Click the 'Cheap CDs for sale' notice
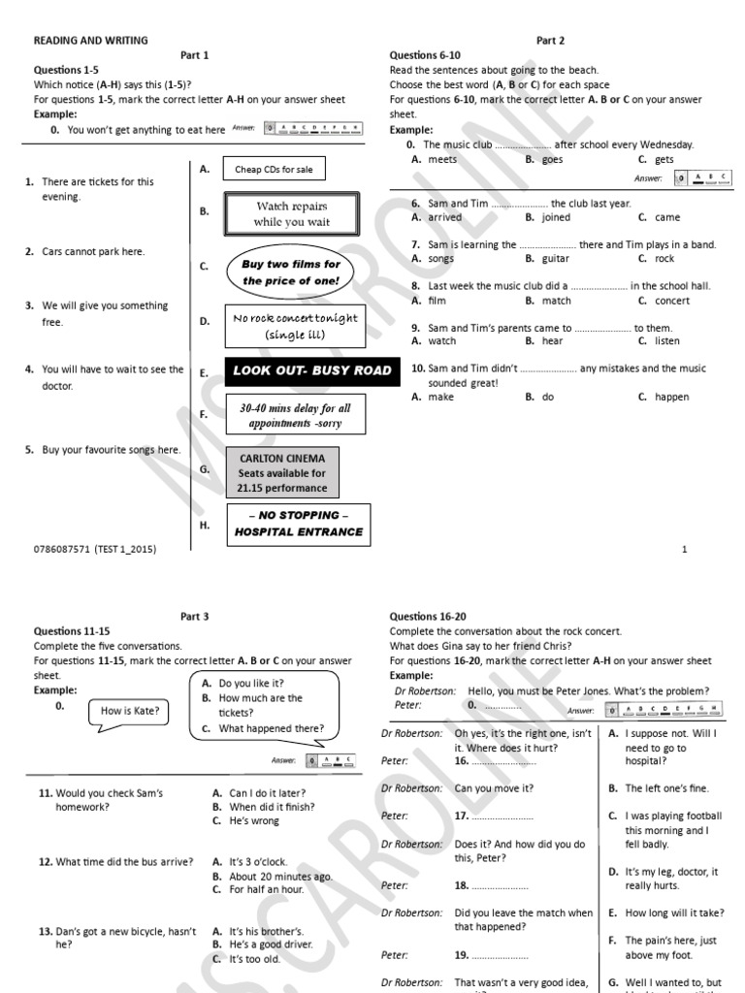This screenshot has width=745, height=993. tap(275, 170)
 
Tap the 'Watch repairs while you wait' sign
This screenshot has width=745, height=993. tap(291, 213)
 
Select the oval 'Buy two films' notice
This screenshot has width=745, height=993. tap(291, 272)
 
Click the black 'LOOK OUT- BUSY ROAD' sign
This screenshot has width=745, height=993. tap(312, 370)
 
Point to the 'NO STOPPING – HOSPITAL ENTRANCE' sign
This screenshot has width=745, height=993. tap(299, 524)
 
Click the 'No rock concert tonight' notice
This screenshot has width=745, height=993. tap(295, 326)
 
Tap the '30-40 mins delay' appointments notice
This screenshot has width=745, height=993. tap(295, 416)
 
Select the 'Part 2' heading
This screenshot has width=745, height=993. tap(550, 41)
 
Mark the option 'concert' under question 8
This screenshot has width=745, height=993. tap(671, 301)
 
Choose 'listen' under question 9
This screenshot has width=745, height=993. tap(667, 341)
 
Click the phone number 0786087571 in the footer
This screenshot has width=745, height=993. tap(62, 549)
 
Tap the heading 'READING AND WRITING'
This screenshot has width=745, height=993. tap(91, 41)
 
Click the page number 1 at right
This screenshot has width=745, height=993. tap(685, 549)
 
